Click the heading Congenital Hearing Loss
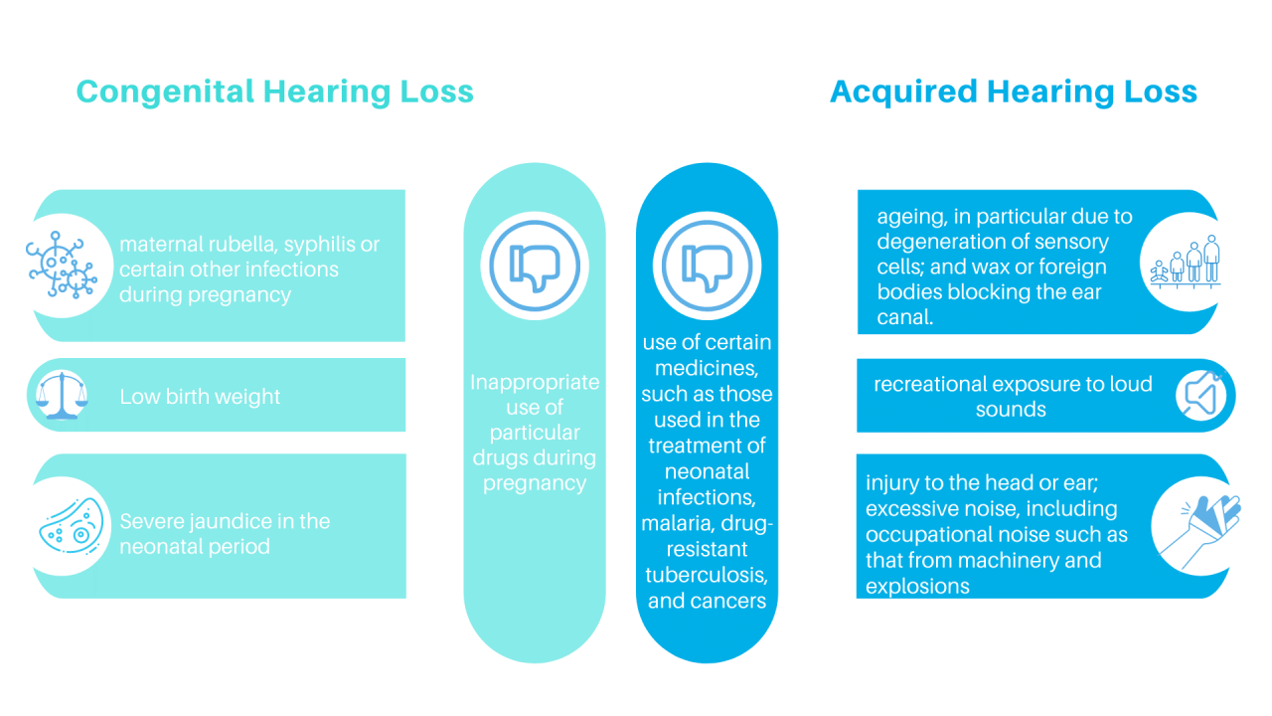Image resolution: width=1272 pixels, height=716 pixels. point(274,91)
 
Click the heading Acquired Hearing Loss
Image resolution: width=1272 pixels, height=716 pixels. point(1013,91)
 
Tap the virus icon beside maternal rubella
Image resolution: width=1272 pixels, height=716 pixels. point(62,266)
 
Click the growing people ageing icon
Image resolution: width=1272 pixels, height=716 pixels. point(1187,263)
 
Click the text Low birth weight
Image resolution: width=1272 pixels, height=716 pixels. point(200,397)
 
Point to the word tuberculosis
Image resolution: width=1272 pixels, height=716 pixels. point(707,575)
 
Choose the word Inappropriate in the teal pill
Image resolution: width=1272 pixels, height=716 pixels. point(535,382)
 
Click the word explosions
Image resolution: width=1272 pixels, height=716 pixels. point(917,586)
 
